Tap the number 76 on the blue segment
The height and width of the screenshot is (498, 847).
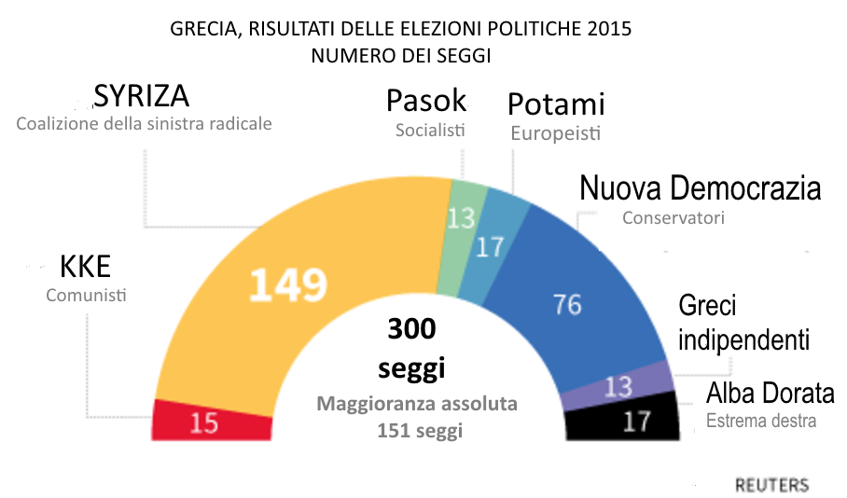[x=567, y=305]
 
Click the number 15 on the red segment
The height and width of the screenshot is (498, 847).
[x=204, y=422]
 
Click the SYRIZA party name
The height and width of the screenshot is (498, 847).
[x=142, y=97]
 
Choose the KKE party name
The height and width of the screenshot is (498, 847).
[x=85, y=268]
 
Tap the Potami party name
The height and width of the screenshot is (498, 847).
[x=556, y=104]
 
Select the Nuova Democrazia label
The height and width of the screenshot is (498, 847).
[x=701, y=188]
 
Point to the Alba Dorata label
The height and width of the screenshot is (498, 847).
[x=770, y=392]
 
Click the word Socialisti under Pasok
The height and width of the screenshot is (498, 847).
[x=429, y=131]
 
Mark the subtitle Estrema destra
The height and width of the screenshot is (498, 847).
[x=761, y=421]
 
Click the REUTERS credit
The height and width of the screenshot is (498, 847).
[x=771, y=485]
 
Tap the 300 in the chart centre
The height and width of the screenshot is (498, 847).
[x=411, y=330]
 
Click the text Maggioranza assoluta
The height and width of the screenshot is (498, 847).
[x=416, y=405]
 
